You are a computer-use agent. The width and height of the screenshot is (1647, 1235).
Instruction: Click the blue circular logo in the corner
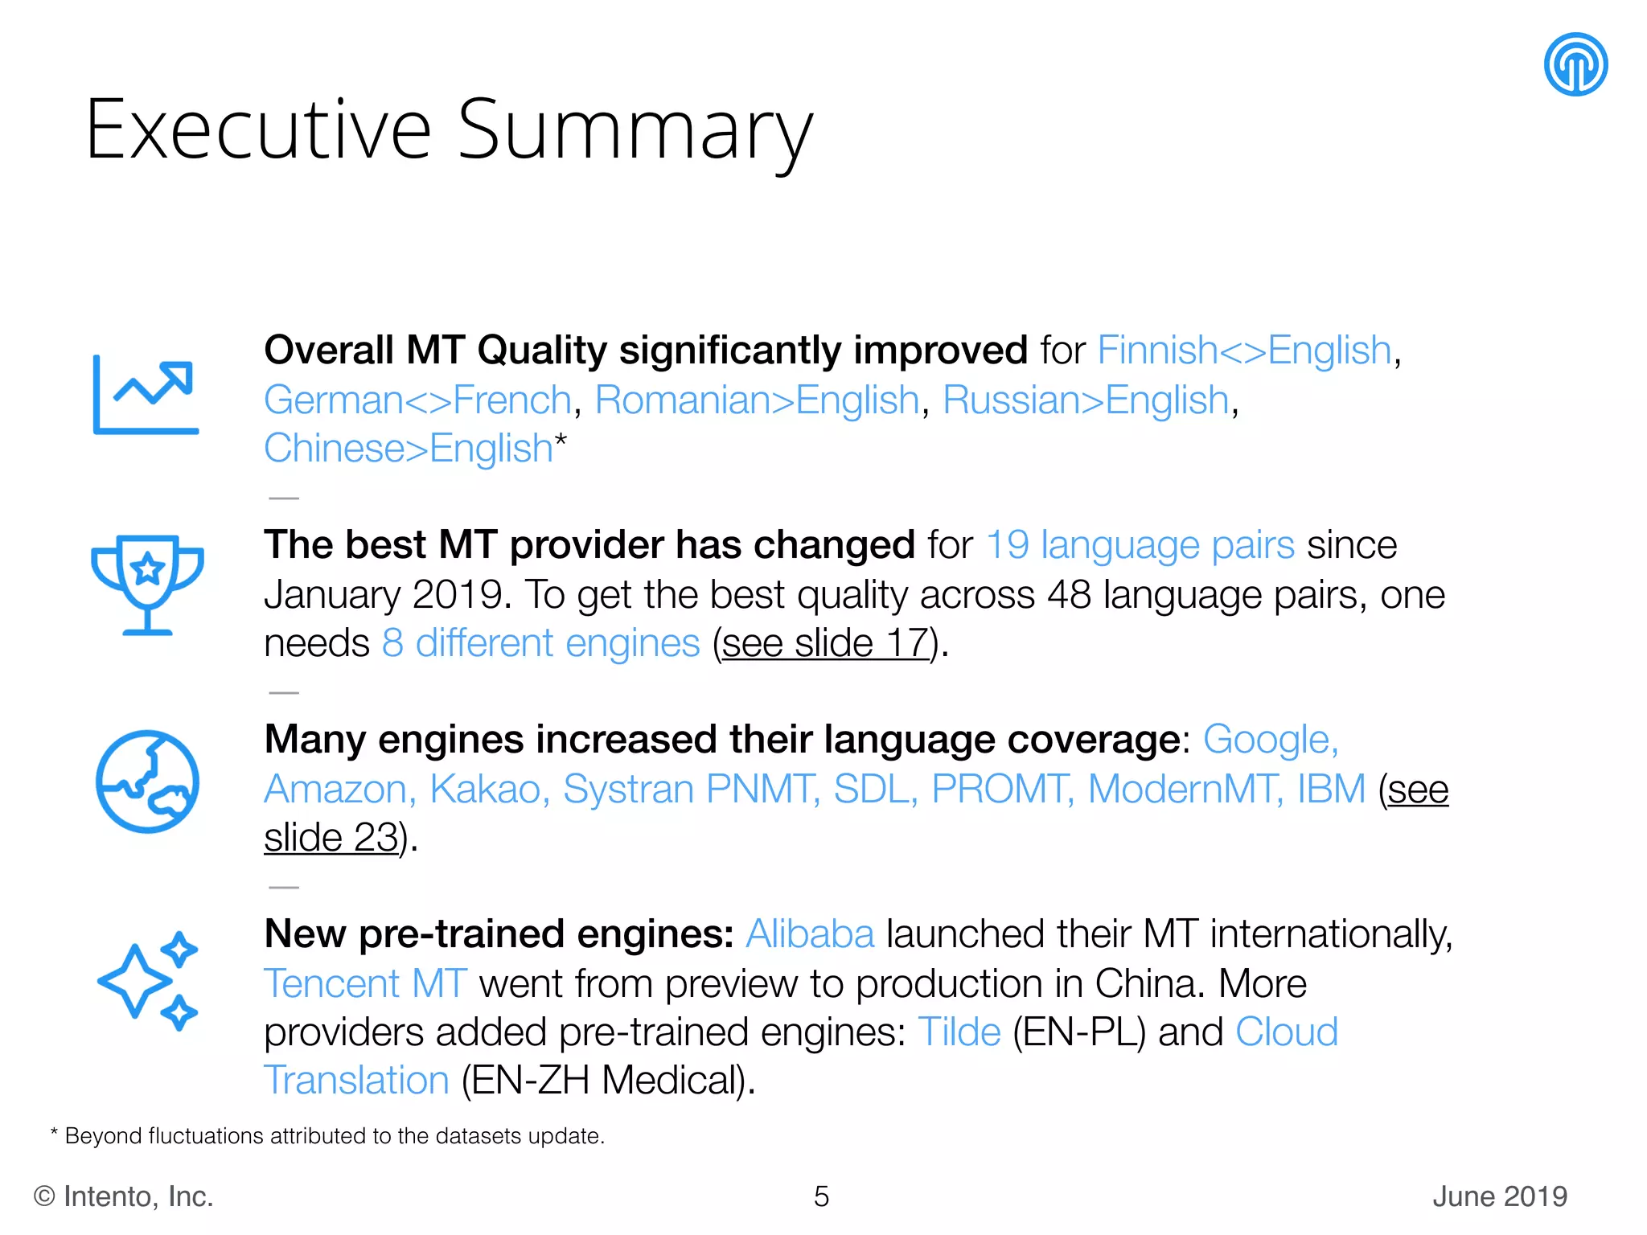pos(1575,64)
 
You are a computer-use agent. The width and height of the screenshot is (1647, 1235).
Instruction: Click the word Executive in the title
pos(258,130)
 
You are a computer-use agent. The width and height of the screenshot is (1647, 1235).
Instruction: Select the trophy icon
pos(147,584)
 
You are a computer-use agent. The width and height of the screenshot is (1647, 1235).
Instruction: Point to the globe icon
pos(147,782)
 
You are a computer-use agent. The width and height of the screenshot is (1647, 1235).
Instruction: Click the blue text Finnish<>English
pos(1244,351)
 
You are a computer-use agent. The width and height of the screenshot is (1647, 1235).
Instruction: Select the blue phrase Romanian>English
pos(757,400)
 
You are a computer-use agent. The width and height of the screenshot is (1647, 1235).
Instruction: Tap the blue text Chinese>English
pos(408,449)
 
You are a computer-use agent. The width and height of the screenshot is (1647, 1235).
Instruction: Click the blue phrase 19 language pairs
pos(1140,545)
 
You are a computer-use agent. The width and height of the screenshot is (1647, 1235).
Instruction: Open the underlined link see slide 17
pos(826,644)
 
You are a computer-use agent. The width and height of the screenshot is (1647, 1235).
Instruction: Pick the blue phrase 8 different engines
pos(540,644)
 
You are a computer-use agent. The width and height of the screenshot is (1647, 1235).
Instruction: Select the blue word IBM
pos(1331,790)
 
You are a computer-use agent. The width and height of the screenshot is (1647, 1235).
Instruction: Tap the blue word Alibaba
pos(809,934)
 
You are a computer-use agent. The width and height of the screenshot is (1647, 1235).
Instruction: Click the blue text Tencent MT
pos(365,984)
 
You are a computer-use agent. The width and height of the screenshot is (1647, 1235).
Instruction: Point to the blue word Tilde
pos(959,1032)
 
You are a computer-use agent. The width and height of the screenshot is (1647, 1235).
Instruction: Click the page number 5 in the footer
pos(821,1196)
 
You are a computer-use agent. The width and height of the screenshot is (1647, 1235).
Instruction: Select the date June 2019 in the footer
pos(1499,1196)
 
